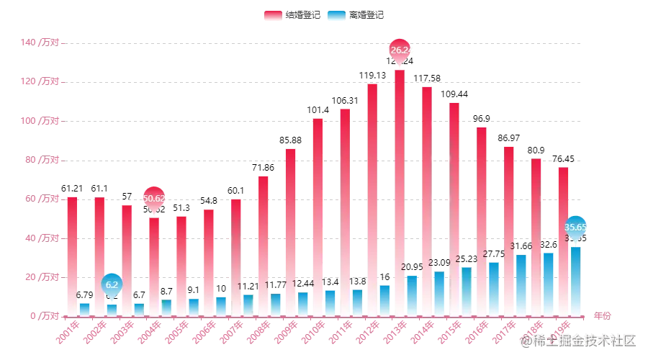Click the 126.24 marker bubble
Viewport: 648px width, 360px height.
click(x=400, y=50)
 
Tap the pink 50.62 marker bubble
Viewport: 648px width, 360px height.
click(x=154, y=198)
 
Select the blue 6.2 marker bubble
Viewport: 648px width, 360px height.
click(x=112, y=284)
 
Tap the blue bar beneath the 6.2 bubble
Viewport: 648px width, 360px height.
click(x=112, y=310)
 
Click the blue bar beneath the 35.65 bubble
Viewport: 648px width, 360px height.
click(x=576, y=281)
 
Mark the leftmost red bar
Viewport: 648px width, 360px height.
click(x=71, y=256)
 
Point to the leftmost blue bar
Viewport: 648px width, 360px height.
click(x=85, y=308)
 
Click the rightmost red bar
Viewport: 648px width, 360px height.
click(x=562, y=241)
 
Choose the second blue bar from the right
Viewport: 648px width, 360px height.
click(x=548, y=283)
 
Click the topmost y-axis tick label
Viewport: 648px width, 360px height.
click(x=42, y=42)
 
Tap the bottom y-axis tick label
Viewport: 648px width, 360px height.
click(x=42, y=315)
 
